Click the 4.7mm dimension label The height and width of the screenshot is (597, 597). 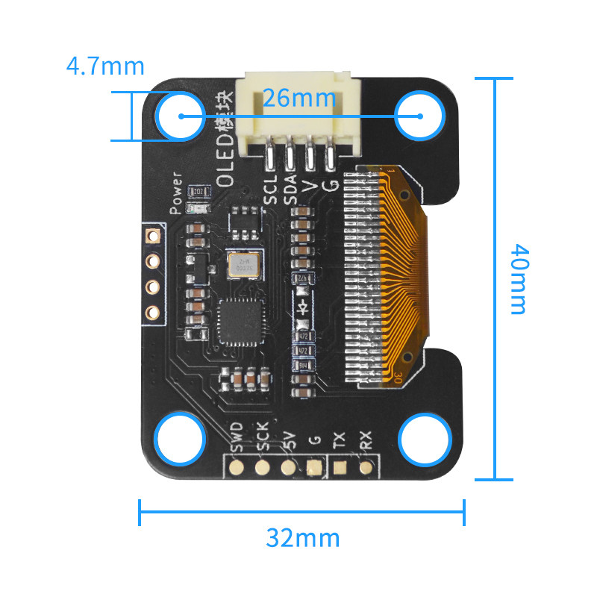point(105,66)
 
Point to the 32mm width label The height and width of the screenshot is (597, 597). point(303,537)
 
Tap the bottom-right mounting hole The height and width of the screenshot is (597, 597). point(425,440)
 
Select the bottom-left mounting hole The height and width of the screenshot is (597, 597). point(180,438)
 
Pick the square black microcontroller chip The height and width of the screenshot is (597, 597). point(242,322)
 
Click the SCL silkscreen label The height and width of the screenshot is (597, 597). point(272,189)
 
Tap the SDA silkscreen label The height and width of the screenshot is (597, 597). point(291,189)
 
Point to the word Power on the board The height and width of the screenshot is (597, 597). point(177,193)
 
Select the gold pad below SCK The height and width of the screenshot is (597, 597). point(262,468)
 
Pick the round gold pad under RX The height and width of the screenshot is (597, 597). point(366,468)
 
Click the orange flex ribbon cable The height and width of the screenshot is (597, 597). point(407,269)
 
